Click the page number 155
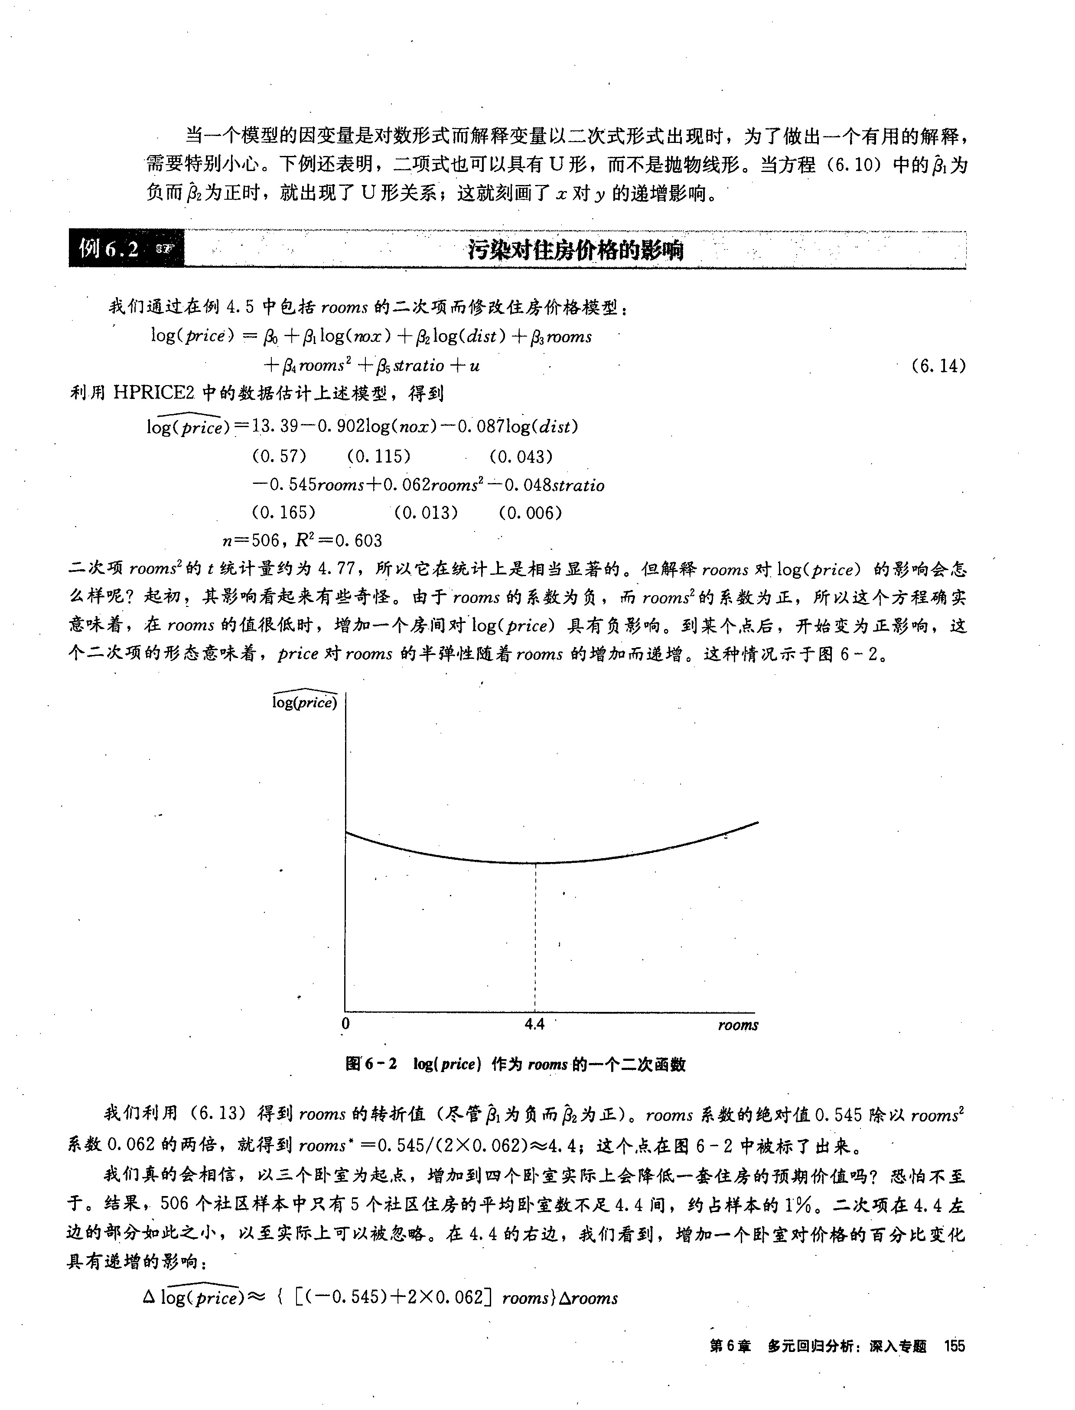pyautogui.click(x=954, y=1346)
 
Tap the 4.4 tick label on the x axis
pyautogui.click(x=534, y=1024)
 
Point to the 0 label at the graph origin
pyautogui.click(x=345, y=1024)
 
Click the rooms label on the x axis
pyautogui.click(x=737, y=1025)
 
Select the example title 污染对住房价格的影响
pyautogui.click(x=575, y=250)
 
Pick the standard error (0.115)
pyautogui.click(x=378, y=456)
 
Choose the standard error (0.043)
pyautogui.click(x=520, y=456)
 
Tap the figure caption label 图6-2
pyautogui.click(x=371, y=1063)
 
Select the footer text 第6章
pyautogui.click(x=730, y=1346)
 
